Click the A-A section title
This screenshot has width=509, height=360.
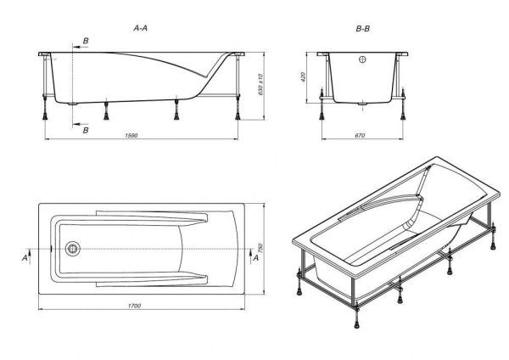(x=140, y=28)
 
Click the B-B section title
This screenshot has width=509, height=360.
(x=362, y=29)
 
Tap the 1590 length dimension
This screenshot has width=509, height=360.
(x=131, y=135)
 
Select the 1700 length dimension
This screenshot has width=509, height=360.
(x=134, y=306)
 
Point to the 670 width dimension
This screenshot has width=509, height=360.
(x=360, y=135)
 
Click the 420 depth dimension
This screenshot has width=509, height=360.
(x=303, y=76)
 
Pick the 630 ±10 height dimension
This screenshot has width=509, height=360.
(x=260, y=84)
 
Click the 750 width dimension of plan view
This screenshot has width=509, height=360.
(x=260, y=249)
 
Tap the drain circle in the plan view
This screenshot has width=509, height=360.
(x=72, y=249)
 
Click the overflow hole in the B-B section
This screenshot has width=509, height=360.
(x=362, y=59)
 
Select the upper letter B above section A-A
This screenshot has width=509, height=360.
(x=86, y=41)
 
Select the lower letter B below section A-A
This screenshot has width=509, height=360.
(x=86, y=130)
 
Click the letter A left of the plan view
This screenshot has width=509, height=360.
(x=25, y=258)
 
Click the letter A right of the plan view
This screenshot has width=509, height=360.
(x=256, y=258)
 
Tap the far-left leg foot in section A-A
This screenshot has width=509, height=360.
(x=45, y=115)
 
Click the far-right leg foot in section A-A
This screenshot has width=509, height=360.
(x=238, y=115)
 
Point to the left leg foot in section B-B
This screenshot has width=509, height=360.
(x=322, y=115)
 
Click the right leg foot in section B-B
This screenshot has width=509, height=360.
(x=403, y=115)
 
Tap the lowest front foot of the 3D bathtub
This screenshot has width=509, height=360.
(x=357, y=324)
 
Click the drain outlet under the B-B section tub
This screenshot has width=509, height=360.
(x=362, y=104)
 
